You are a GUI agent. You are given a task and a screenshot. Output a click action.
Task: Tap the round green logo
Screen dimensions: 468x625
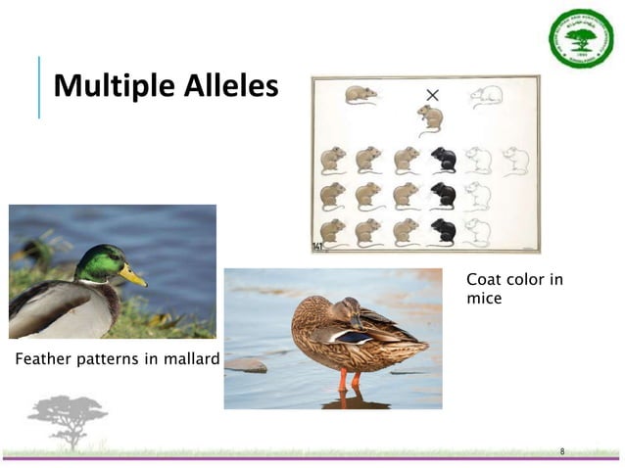point(581,38)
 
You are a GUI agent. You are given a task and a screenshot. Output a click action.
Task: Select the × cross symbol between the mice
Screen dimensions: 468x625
point(431,95)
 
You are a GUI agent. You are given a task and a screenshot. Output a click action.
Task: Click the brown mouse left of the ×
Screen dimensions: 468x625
point(361,94)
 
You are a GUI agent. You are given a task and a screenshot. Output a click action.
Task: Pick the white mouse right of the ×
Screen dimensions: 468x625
point(486,96)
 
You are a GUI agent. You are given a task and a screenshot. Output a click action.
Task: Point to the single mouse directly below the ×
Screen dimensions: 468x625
point(429,119)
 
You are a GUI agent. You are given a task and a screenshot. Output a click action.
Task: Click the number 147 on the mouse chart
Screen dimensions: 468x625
point(319,245)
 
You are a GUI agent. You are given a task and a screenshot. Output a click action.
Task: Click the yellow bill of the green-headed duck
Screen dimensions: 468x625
point(132,275)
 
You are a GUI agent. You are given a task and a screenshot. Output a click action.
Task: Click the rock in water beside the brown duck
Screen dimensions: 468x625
point(245,365)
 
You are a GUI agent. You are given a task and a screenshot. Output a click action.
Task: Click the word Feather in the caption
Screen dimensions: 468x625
point(43,360)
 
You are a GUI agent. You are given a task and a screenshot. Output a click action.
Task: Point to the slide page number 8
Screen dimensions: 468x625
point(562,450)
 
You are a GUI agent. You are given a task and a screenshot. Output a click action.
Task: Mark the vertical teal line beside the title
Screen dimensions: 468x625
point(39,87)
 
